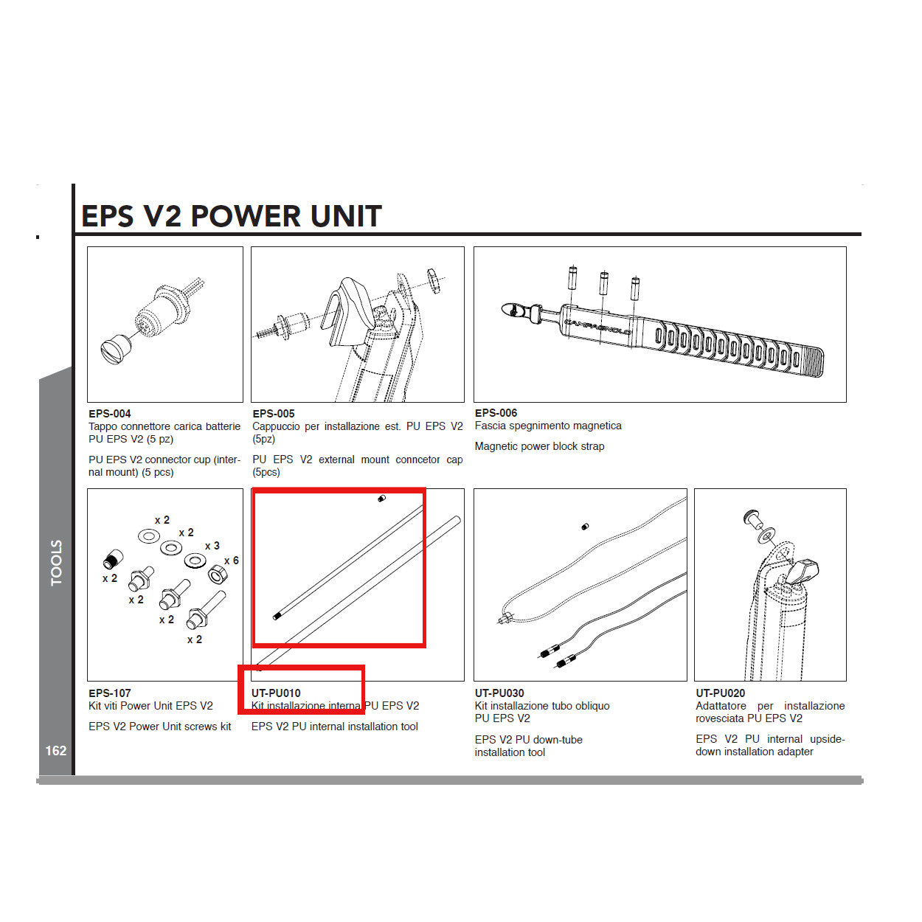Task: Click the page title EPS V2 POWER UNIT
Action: pos(231,216)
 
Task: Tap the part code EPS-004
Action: pos(109,414)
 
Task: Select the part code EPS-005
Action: pos(274,414)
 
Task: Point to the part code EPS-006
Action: pos(496,413)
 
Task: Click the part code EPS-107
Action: pos(109,693)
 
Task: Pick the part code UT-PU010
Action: pos(276,693)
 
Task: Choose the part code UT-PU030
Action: pos(499,693)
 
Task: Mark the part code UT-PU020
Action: pos(720,693)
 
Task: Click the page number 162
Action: pos(56,750)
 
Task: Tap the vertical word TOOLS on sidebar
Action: pos(57,563)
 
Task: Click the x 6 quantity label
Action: pos(232,561)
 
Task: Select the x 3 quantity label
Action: pos(212,546)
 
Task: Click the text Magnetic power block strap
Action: pos(539,446)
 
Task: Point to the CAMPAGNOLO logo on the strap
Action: pos(597,327)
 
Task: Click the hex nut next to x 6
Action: pos(217,574)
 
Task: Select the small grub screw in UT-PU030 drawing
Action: pos(585,527)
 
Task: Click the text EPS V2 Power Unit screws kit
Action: pos(159,727)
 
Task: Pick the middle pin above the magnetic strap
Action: pos(604,283)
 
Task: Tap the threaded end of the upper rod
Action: pos(277,616)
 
